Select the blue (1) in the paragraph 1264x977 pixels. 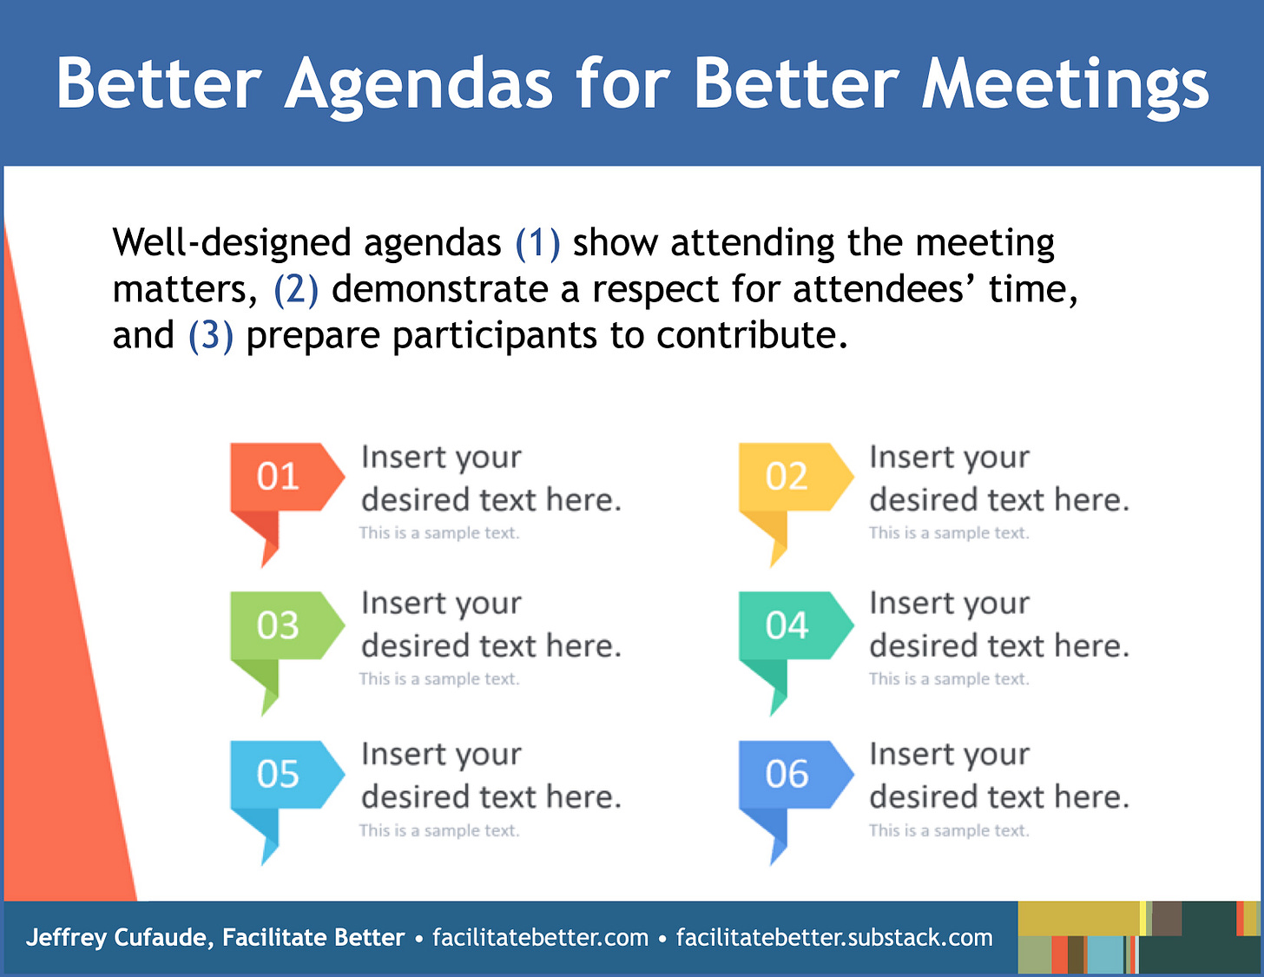(538, 242)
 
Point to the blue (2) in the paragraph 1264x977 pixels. (296, 289)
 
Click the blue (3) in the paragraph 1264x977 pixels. (211, 336)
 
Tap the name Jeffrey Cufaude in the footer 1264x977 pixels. (120, 937)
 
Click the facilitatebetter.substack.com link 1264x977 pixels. (834, 937)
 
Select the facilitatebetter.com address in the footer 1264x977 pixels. (540, 937)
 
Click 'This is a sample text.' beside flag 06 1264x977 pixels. (950, 830)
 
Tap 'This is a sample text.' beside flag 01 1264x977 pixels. (439, 532)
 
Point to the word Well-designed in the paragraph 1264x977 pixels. (232, 243)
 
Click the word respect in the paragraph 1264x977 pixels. (655, 290)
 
